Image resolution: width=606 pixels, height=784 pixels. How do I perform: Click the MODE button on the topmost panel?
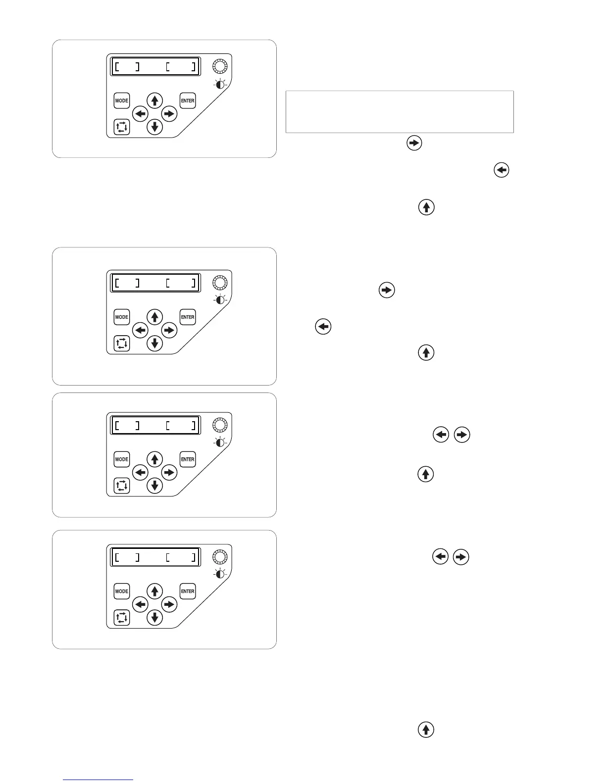(x=122, y=100)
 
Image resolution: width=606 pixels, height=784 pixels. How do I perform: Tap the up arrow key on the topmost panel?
(x=155, y=100)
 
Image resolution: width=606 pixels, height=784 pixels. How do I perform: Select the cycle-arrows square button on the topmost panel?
(x=122, y=127)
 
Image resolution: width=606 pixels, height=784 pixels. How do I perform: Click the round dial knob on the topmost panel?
(x=220, y=66)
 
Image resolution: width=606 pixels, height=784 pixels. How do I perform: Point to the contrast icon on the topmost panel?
(x=220, y=84)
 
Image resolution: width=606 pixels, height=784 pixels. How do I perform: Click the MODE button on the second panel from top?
(x=122, y=317)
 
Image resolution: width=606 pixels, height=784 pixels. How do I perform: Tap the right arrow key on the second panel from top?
(x=169, y=330)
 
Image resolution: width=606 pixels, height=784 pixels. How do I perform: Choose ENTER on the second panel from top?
(x=188, y=317)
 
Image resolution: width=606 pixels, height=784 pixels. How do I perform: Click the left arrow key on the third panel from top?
(x=141, y=473)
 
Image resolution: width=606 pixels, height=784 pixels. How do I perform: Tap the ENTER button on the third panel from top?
(x=188, y=459)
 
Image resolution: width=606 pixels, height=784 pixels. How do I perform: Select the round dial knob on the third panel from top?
(x=220, y=425)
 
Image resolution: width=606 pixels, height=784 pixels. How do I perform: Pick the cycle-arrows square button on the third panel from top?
(x=122, y=486)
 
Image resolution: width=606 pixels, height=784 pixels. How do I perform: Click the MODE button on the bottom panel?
(x=122, y=591)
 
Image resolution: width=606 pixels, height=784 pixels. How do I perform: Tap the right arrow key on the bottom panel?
(x=169, y=604)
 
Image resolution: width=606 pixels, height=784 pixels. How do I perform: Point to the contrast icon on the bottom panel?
(x=220, y=574)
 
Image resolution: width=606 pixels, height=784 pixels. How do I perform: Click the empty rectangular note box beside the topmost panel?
(x=400, y=112)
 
